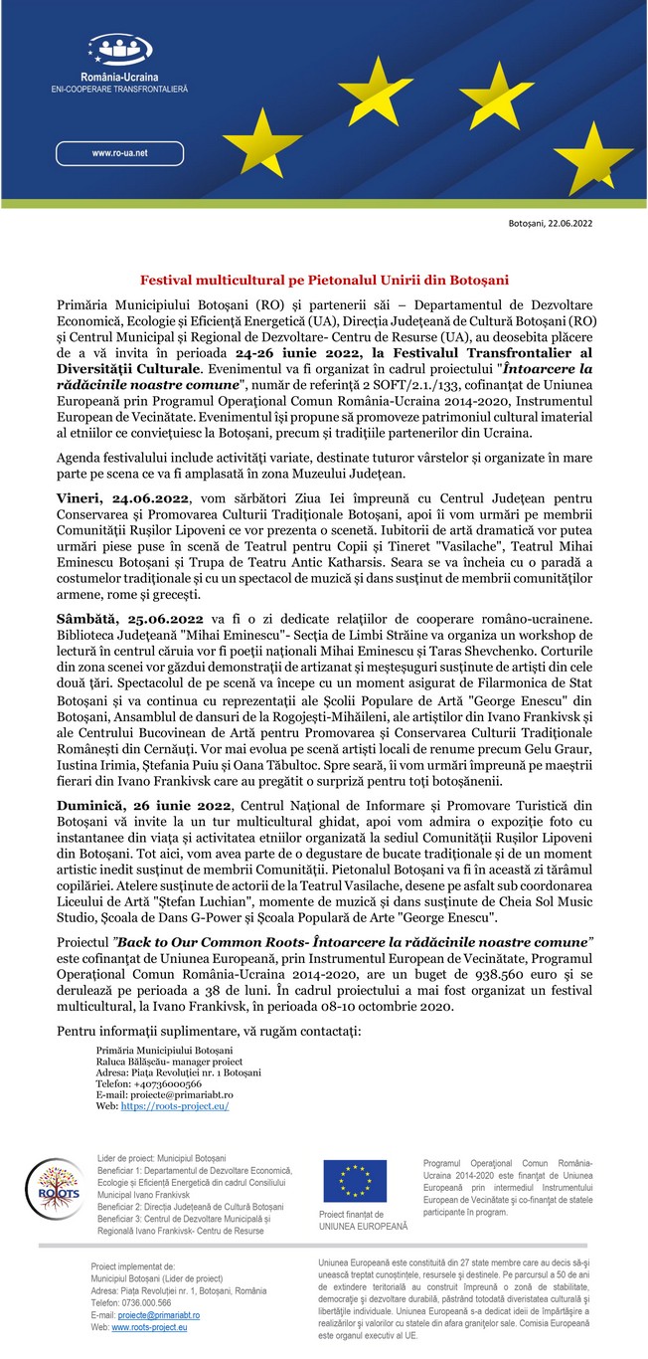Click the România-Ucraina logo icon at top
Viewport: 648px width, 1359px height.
(x=119, y=49)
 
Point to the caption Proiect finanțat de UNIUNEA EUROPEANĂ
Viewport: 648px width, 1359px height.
(x=363, y=1221)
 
